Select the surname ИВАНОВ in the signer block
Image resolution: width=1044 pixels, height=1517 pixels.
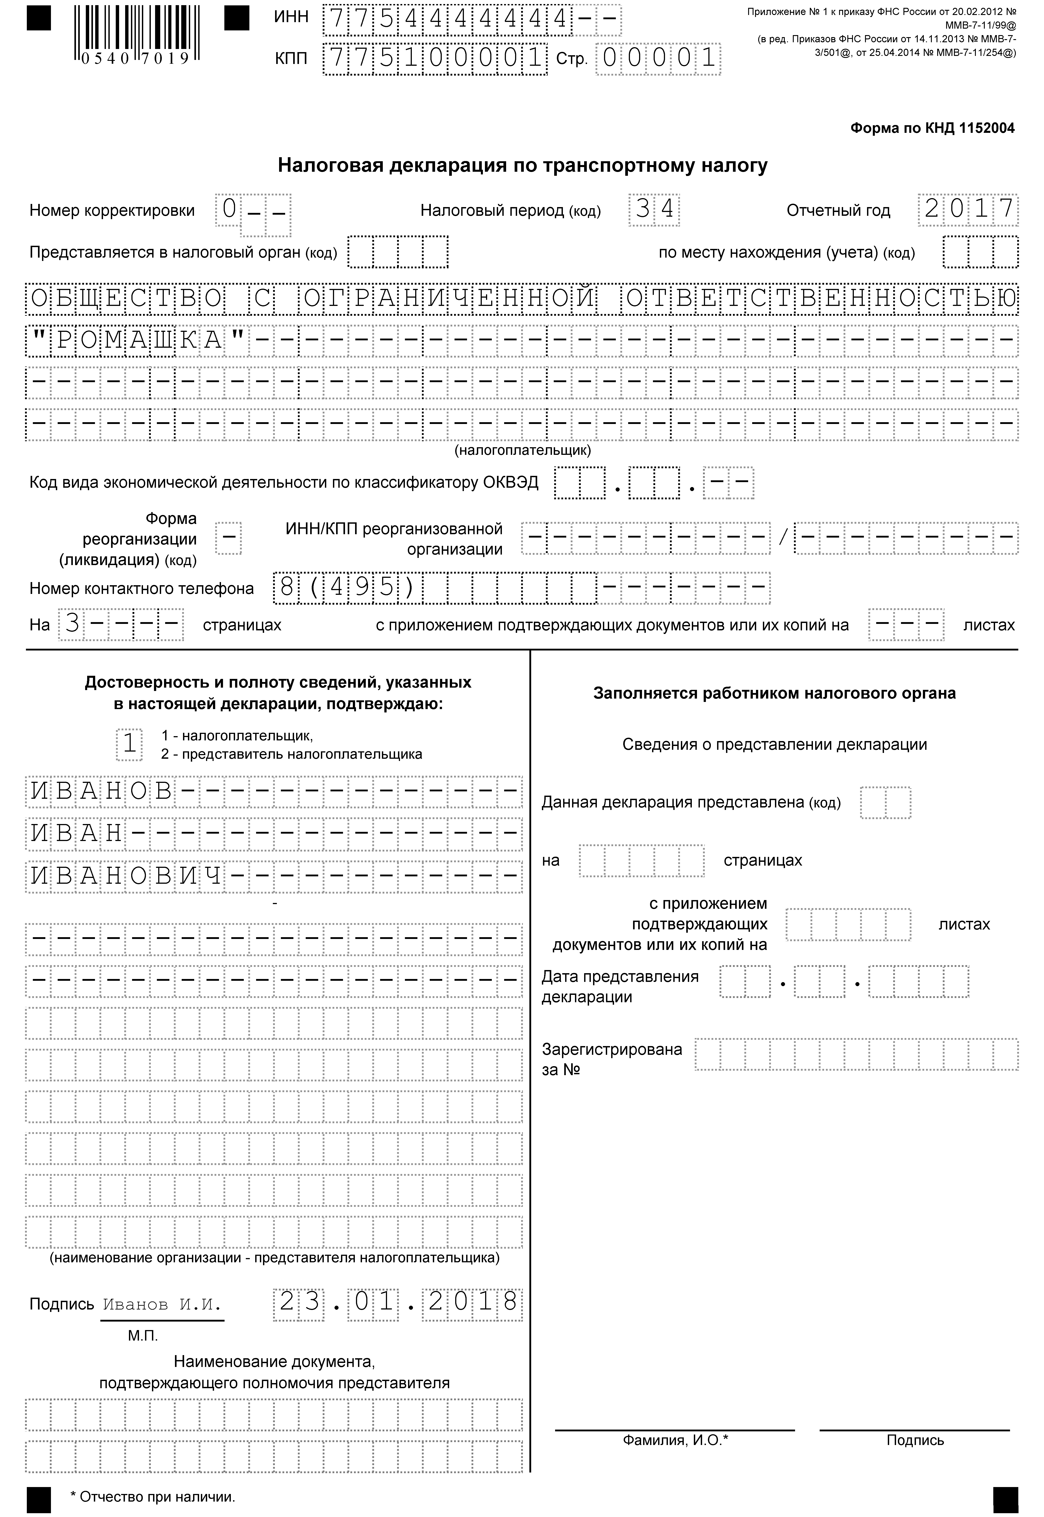coord(101,792)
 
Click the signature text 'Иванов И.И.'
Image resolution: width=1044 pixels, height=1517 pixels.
coord(162,1304)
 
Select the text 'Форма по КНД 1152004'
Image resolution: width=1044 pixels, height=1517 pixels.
coord(932,128)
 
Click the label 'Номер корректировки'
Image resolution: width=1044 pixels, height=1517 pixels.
coord(112,211)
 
